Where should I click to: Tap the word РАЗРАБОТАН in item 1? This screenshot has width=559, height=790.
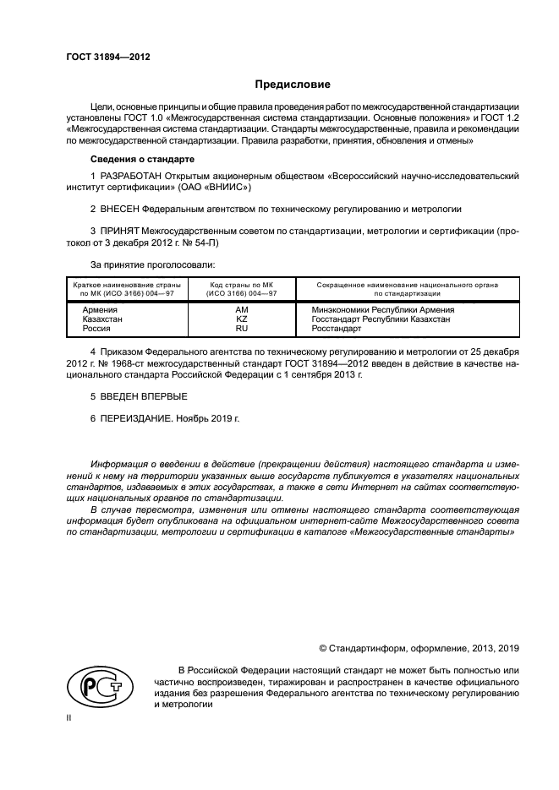[129, 175]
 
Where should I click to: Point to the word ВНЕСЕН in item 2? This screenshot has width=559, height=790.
[119, 207]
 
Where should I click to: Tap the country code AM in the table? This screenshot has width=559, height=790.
[241, 310]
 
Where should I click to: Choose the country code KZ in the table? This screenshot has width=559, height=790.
[241, 319]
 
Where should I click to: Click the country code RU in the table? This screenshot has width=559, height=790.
[241, 329]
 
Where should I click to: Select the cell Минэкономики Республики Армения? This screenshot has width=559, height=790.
[383, 310]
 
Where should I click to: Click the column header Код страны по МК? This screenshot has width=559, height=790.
[242, 285]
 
